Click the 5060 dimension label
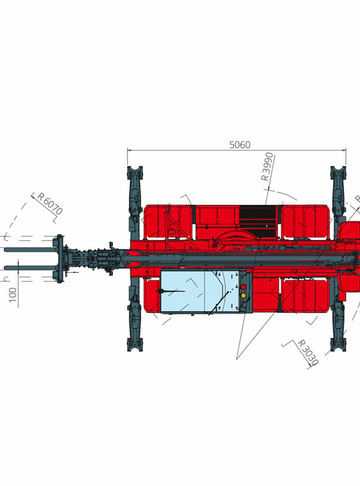coord(240,145)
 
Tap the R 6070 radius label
coord(50,204)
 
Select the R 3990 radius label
coord(267,166)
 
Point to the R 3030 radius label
coord(308,352)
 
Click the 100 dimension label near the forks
coord(12,295)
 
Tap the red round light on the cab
coord(243,287)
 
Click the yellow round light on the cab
coord(243,295)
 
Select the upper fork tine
coord(31,250)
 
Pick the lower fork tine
coord(31,268)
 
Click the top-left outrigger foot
coord(135,173)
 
